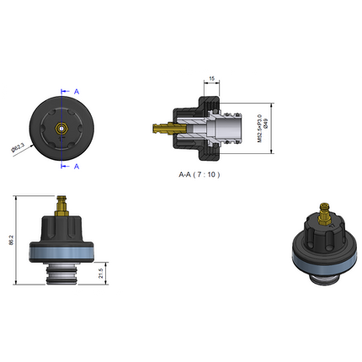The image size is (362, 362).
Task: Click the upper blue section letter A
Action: (77, 90)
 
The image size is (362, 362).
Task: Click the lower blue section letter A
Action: (77, 167)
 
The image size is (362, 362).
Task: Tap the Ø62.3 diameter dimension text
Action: (17, 148)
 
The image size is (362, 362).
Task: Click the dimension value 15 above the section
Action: (211, 79)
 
